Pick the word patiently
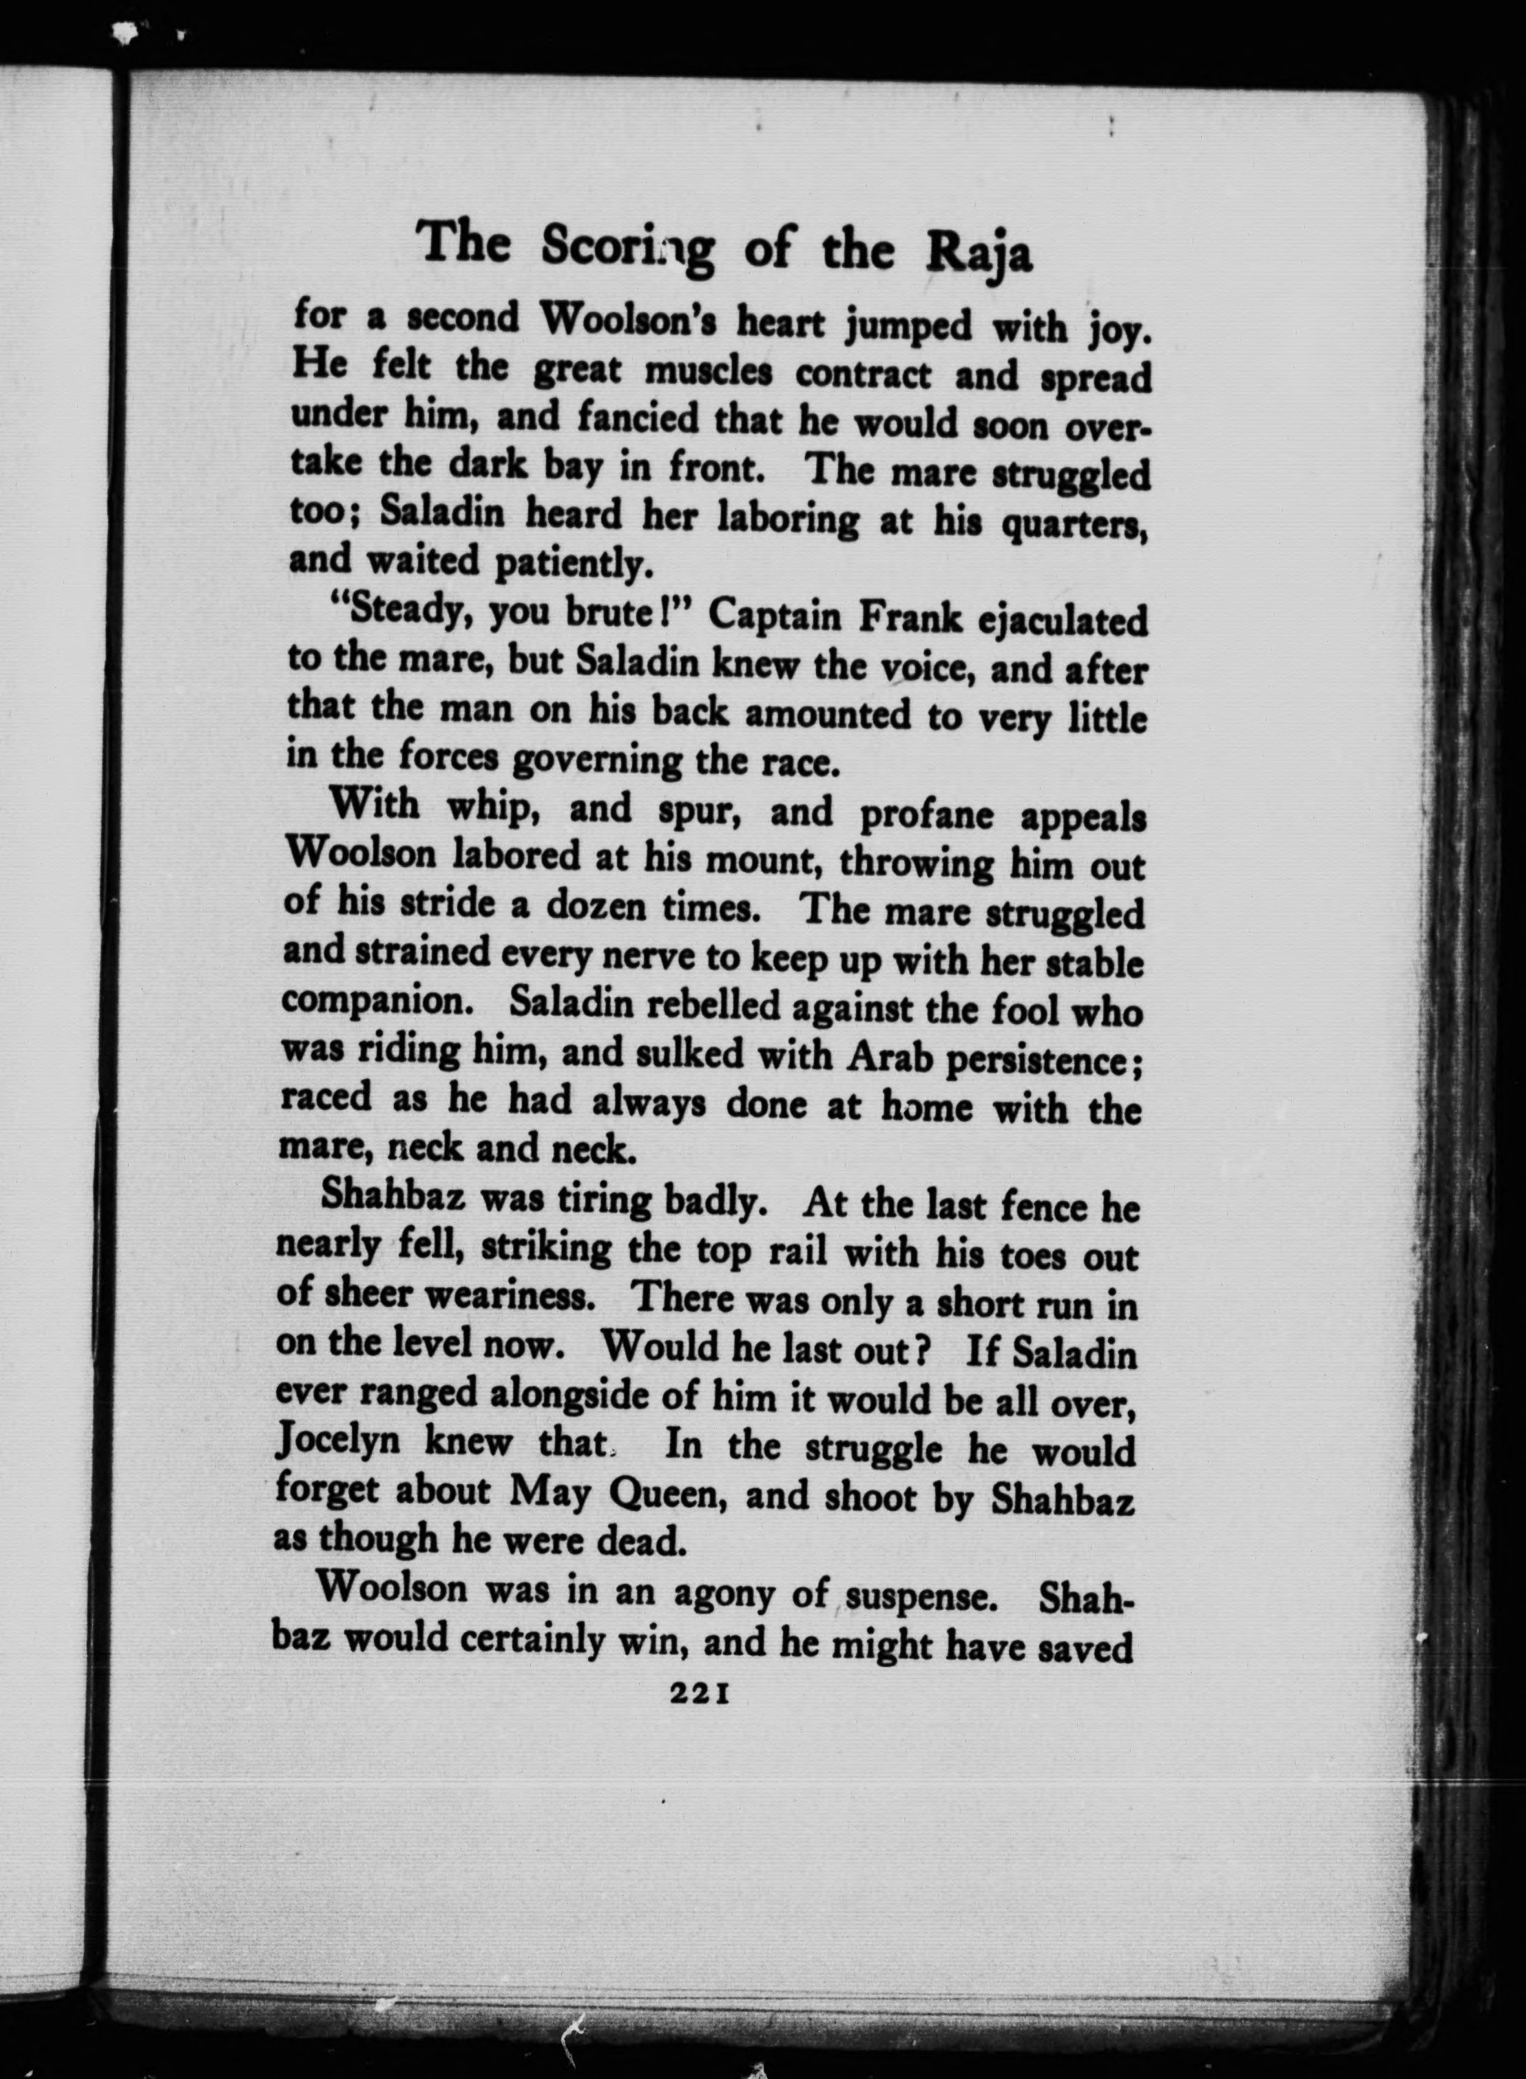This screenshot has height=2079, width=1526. click(568, 563)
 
